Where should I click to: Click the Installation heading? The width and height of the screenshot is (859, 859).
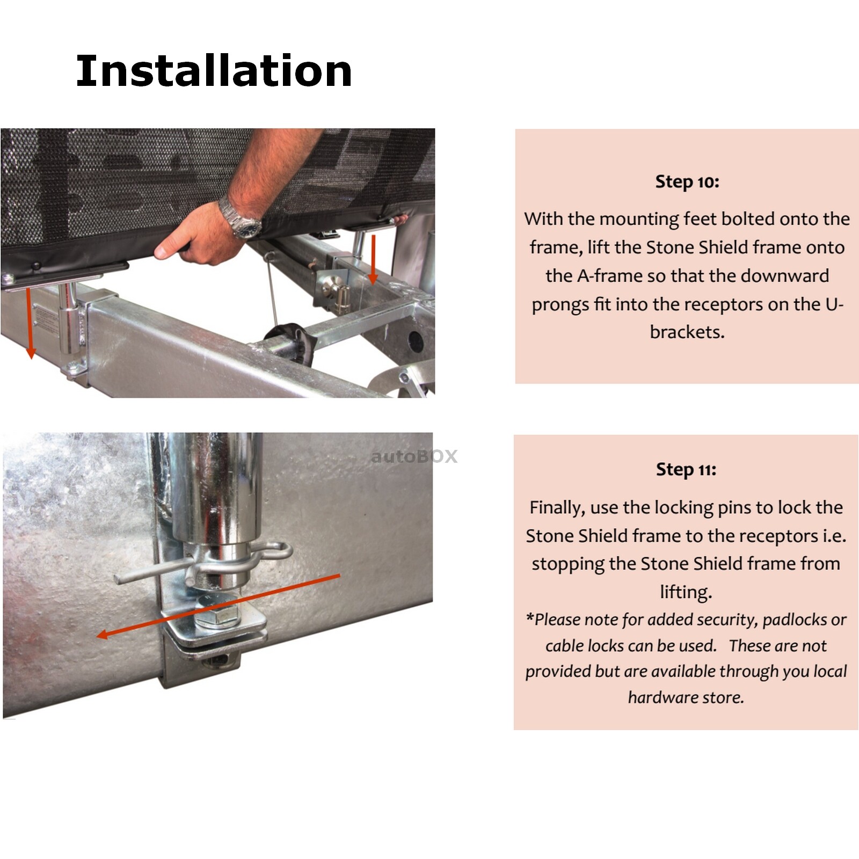coord(214,71)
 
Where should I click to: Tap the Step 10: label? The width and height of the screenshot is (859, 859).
coord(687,182)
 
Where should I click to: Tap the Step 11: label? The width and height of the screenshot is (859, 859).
coord(686,470)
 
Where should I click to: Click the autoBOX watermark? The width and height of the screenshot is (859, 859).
coord(414,456)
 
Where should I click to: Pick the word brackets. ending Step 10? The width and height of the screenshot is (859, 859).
coord(687,332)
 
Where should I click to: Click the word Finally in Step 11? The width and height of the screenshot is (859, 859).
coord(556,507)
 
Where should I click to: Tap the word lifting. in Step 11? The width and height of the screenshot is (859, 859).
coord(686,592)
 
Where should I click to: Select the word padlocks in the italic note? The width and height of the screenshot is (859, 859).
coord(795,620)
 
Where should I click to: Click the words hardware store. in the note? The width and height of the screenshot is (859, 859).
coord(686,698)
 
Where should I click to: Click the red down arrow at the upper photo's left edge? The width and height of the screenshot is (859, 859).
coord(31,322)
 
